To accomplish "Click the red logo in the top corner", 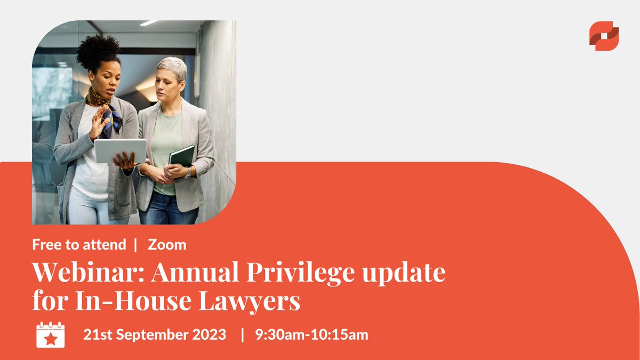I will pos(604,36).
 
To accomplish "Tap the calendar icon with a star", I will pos(51,335).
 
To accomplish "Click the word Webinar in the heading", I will pos(87,273).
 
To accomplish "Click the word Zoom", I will pos(167,245).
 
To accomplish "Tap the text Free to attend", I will pos(79,245).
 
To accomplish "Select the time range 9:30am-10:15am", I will pos(311,335).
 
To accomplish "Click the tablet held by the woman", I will pos(121,151).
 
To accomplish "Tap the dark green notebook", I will pos(182,156).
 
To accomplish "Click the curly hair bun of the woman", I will pos(98,52).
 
